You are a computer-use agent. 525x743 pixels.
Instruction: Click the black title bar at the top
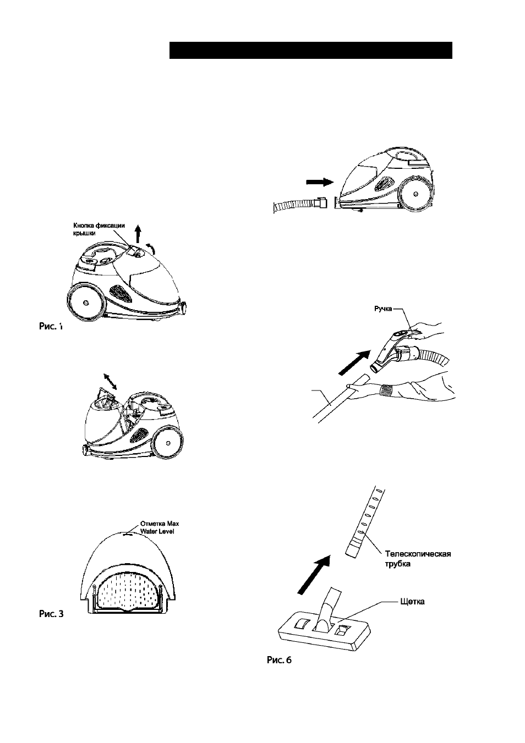310,51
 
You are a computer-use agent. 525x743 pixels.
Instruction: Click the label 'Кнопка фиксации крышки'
99,229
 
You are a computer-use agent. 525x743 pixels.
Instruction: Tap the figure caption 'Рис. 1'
51,326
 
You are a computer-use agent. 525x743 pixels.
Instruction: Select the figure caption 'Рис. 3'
51,614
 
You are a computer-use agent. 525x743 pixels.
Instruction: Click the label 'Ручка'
384,309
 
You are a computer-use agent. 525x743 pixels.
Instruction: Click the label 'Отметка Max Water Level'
160,527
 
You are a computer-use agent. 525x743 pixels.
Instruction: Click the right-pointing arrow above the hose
319,182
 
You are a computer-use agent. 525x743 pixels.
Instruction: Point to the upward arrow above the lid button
138,233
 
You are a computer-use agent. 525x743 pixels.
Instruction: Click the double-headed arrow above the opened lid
110,381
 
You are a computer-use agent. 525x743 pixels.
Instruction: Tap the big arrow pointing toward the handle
354,363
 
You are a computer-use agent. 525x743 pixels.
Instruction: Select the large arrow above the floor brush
314,575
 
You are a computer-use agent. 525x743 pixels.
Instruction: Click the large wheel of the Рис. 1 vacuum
86,302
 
